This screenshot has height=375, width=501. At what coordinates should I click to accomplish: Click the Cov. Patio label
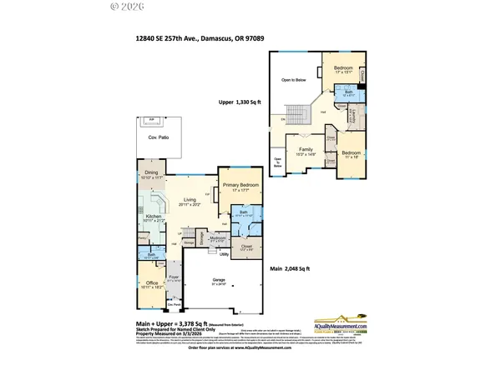coord(152,137)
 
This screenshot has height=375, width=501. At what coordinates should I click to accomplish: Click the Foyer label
coord(174,277)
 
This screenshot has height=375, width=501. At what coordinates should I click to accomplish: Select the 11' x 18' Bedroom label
coord(351,153)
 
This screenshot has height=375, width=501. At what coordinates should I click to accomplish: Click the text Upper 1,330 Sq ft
coord(240,102)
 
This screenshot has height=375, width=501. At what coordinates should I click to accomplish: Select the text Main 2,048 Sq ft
coord(287,268)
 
